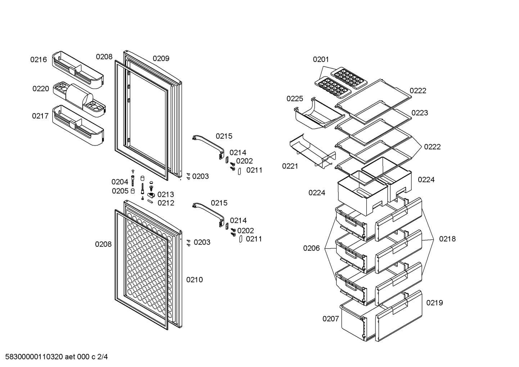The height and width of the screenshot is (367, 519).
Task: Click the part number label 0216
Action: (39, 60)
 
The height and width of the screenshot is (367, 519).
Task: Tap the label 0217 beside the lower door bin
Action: (40, 116)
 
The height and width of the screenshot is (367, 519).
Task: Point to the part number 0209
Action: (161, 58)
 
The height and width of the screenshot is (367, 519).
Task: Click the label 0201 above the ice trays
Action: (321, 59)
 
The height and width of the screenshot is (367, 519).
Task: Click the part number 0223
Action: (420, 113)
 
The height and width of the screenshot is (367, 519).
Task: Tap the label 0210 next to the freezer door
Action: (194, 280)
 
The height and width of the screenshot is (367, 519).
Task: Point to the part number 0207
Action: (331, 319)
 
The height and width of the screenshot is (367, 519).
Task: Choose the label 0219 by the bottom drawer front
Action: (434, 303)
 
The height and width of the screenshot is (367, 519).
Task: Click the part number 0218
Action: (447, 239)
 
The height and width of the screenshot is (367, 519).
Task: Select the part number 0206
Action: (311, 249)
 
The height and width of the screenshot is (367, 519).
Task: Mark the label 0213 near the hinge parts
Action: (166, 194)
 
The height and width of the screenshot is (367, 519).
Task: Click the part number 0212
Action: (166, 203)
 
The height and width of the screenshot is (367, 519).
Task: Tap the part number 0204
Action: (120, 182)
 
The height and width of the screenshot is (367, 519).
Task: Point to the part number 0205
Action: (120, 191)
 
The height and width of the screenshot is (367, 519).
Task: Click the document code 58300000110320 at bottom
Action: (34, 357)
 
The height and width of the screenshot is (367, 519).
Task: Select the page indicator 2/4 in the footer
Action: (103, 357)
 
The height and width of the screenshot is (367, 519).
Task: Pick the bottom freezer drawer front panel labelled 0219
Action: (398, 316)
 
